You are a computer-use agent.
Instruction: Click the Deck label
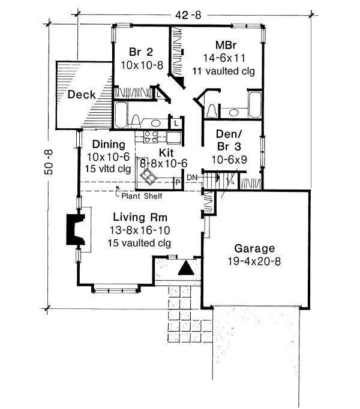coord(80,95)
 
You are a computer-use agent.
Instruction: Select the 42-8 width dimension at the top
coord(188,16)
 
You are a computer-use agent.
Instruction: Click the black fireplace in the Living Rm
coord(74,230)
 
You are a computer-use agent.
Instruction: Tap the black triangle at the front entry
coord(187,268)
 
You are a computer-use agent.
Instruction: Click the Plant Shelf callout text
coord(141,196)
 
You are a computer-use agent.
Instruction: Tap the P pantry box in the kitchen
coord(178,181)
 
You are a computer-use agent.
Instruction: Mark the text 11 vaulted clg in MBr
coord(223,71)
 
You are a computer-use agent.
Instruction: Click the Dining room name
coord(106,145)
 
